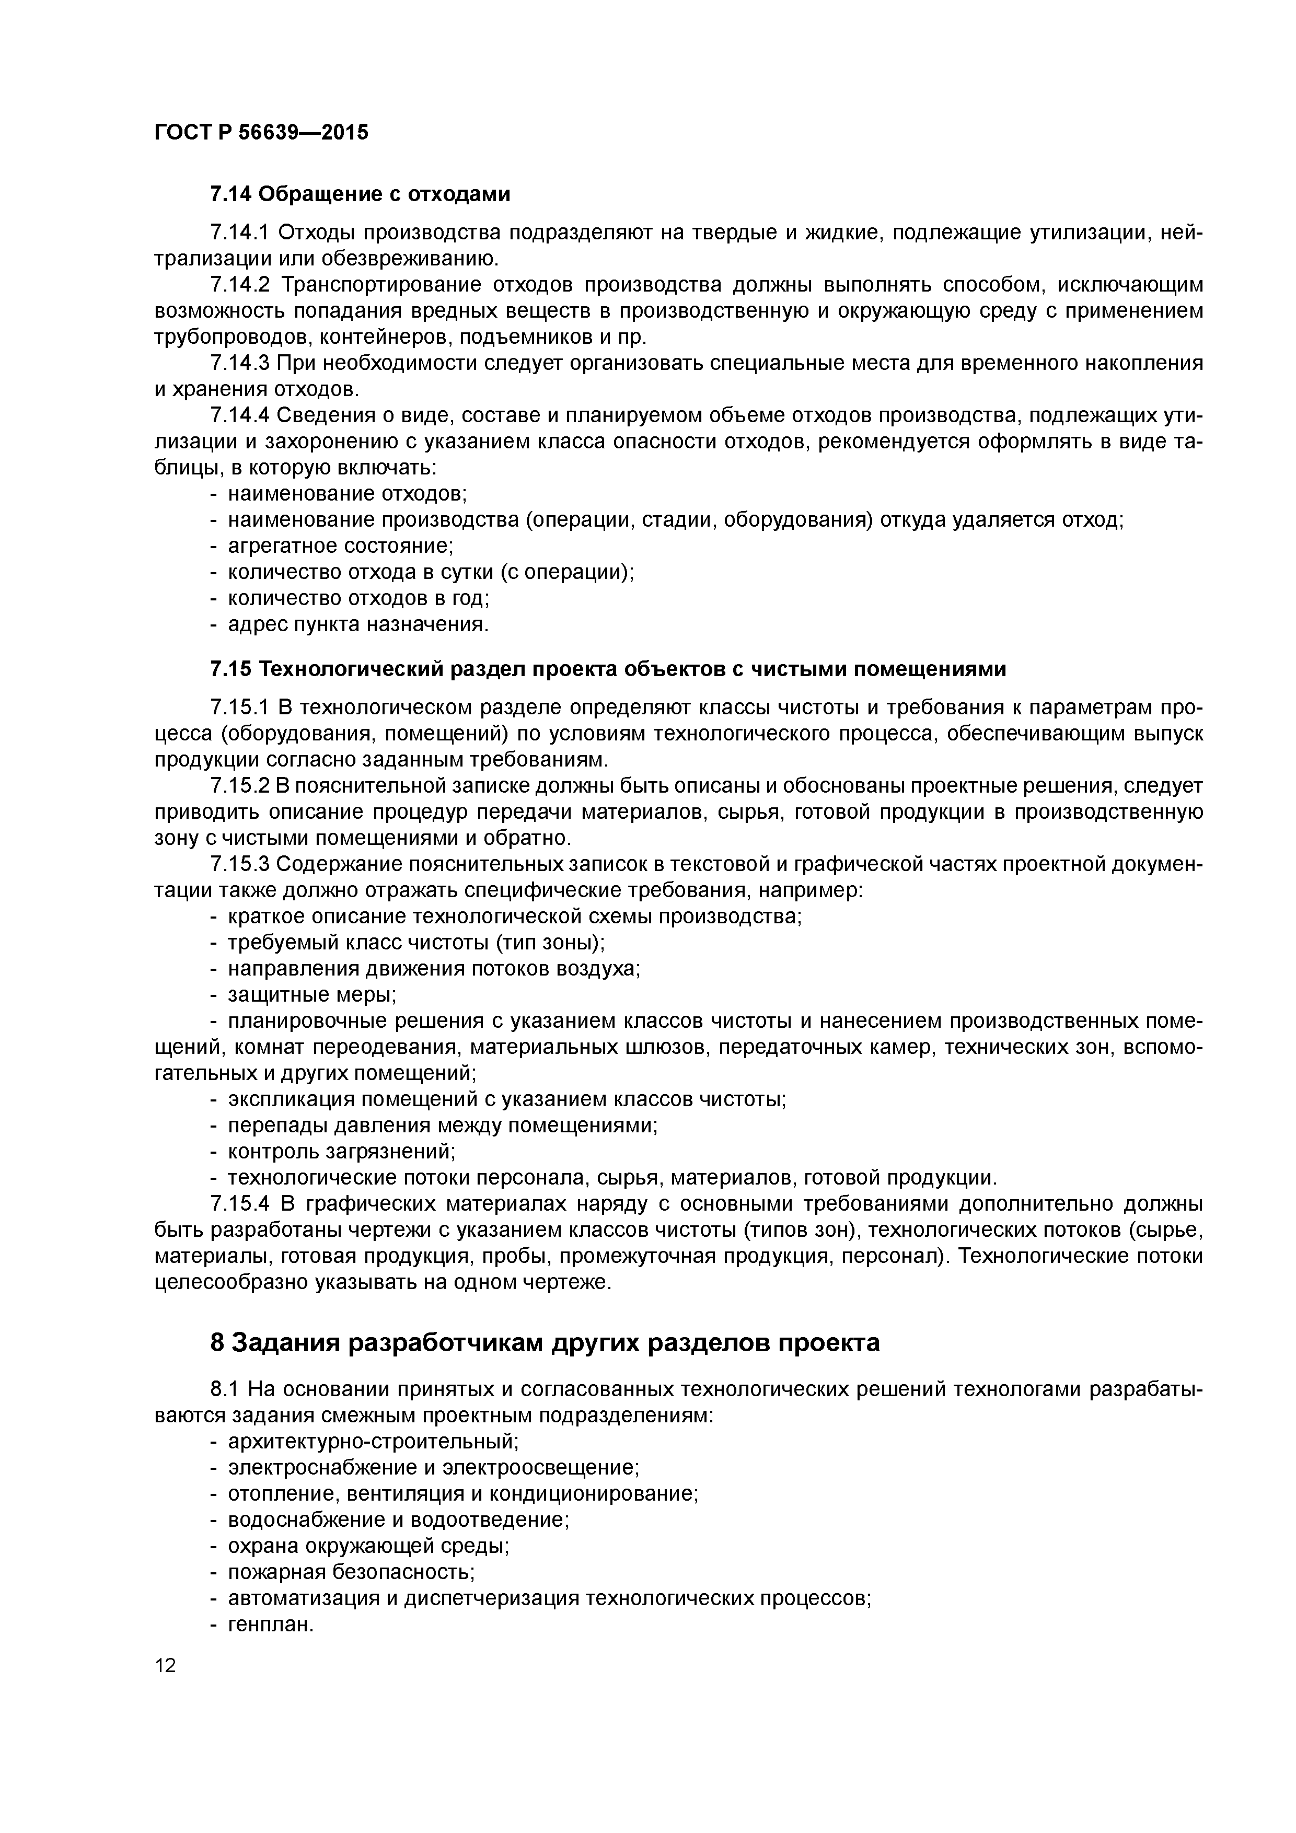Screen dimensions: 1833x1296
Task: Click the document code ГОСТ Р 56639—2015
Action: coord(261,133)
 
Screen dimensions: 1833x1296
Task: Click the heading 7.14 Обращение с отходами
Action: coord(360,194)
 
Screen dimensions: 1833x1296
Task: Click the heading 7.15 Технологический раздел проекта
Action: coord(607,669)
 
